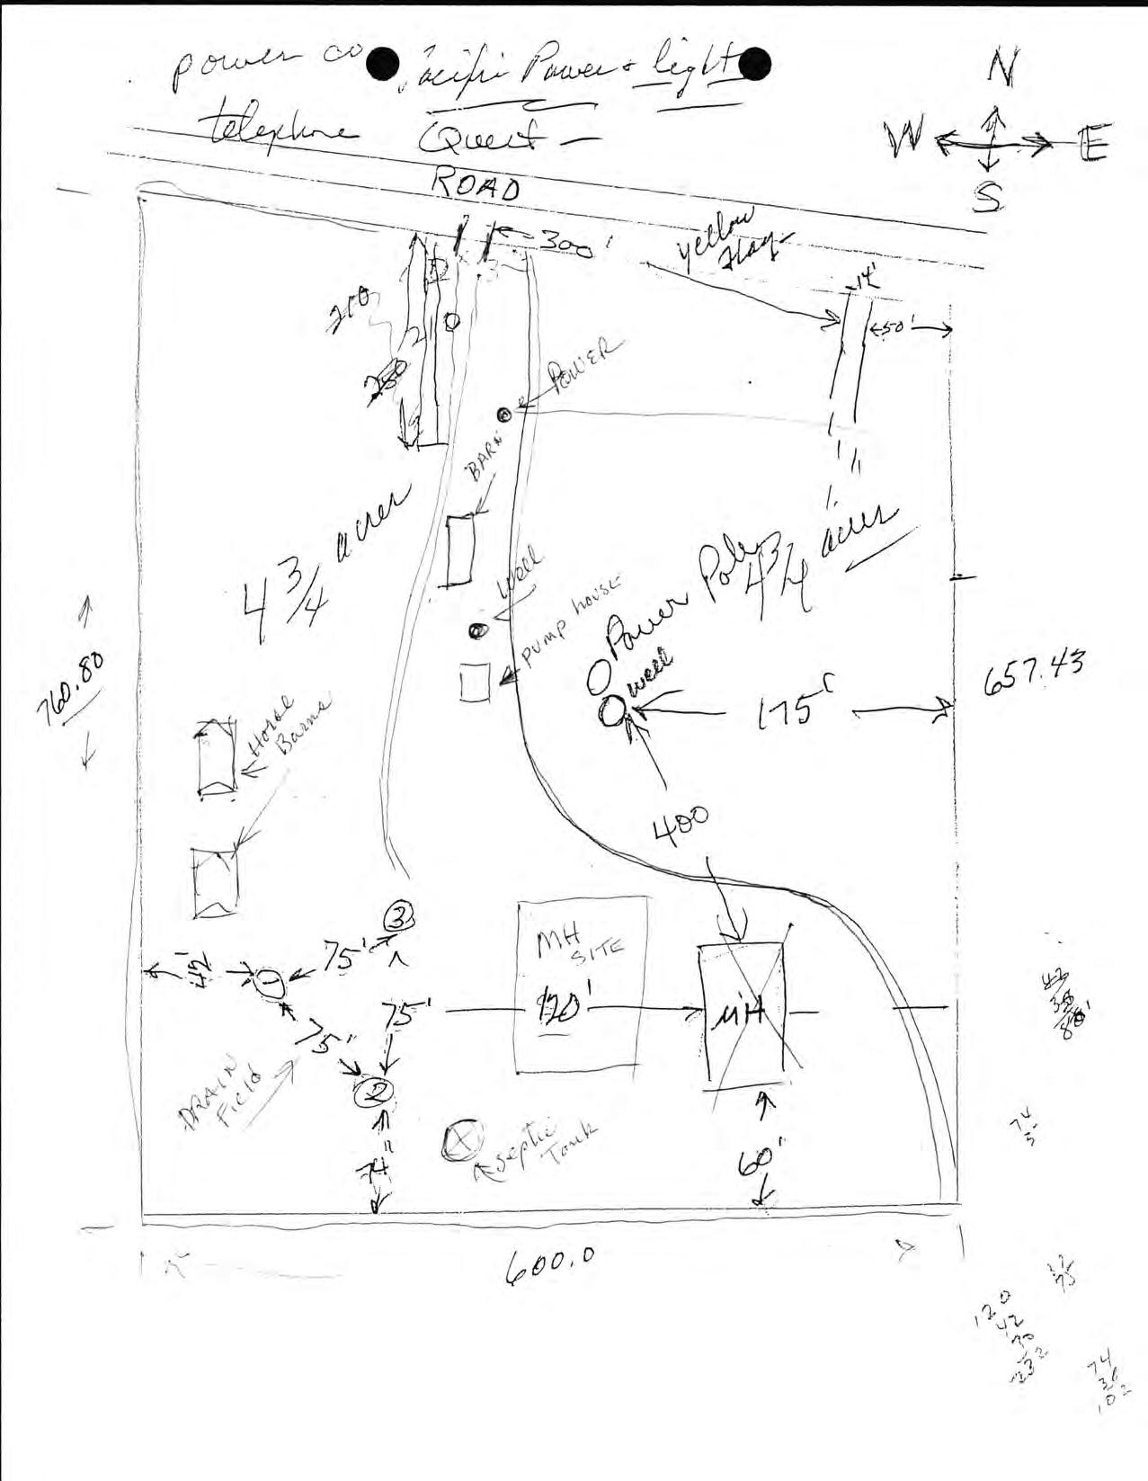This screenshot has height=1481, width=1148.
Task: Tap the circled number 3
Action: [399, 916]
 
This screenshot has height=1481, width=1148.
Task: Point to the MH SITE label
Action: [580, 945]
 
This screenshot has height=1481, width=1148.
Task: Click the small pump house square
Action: [474, 682]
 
